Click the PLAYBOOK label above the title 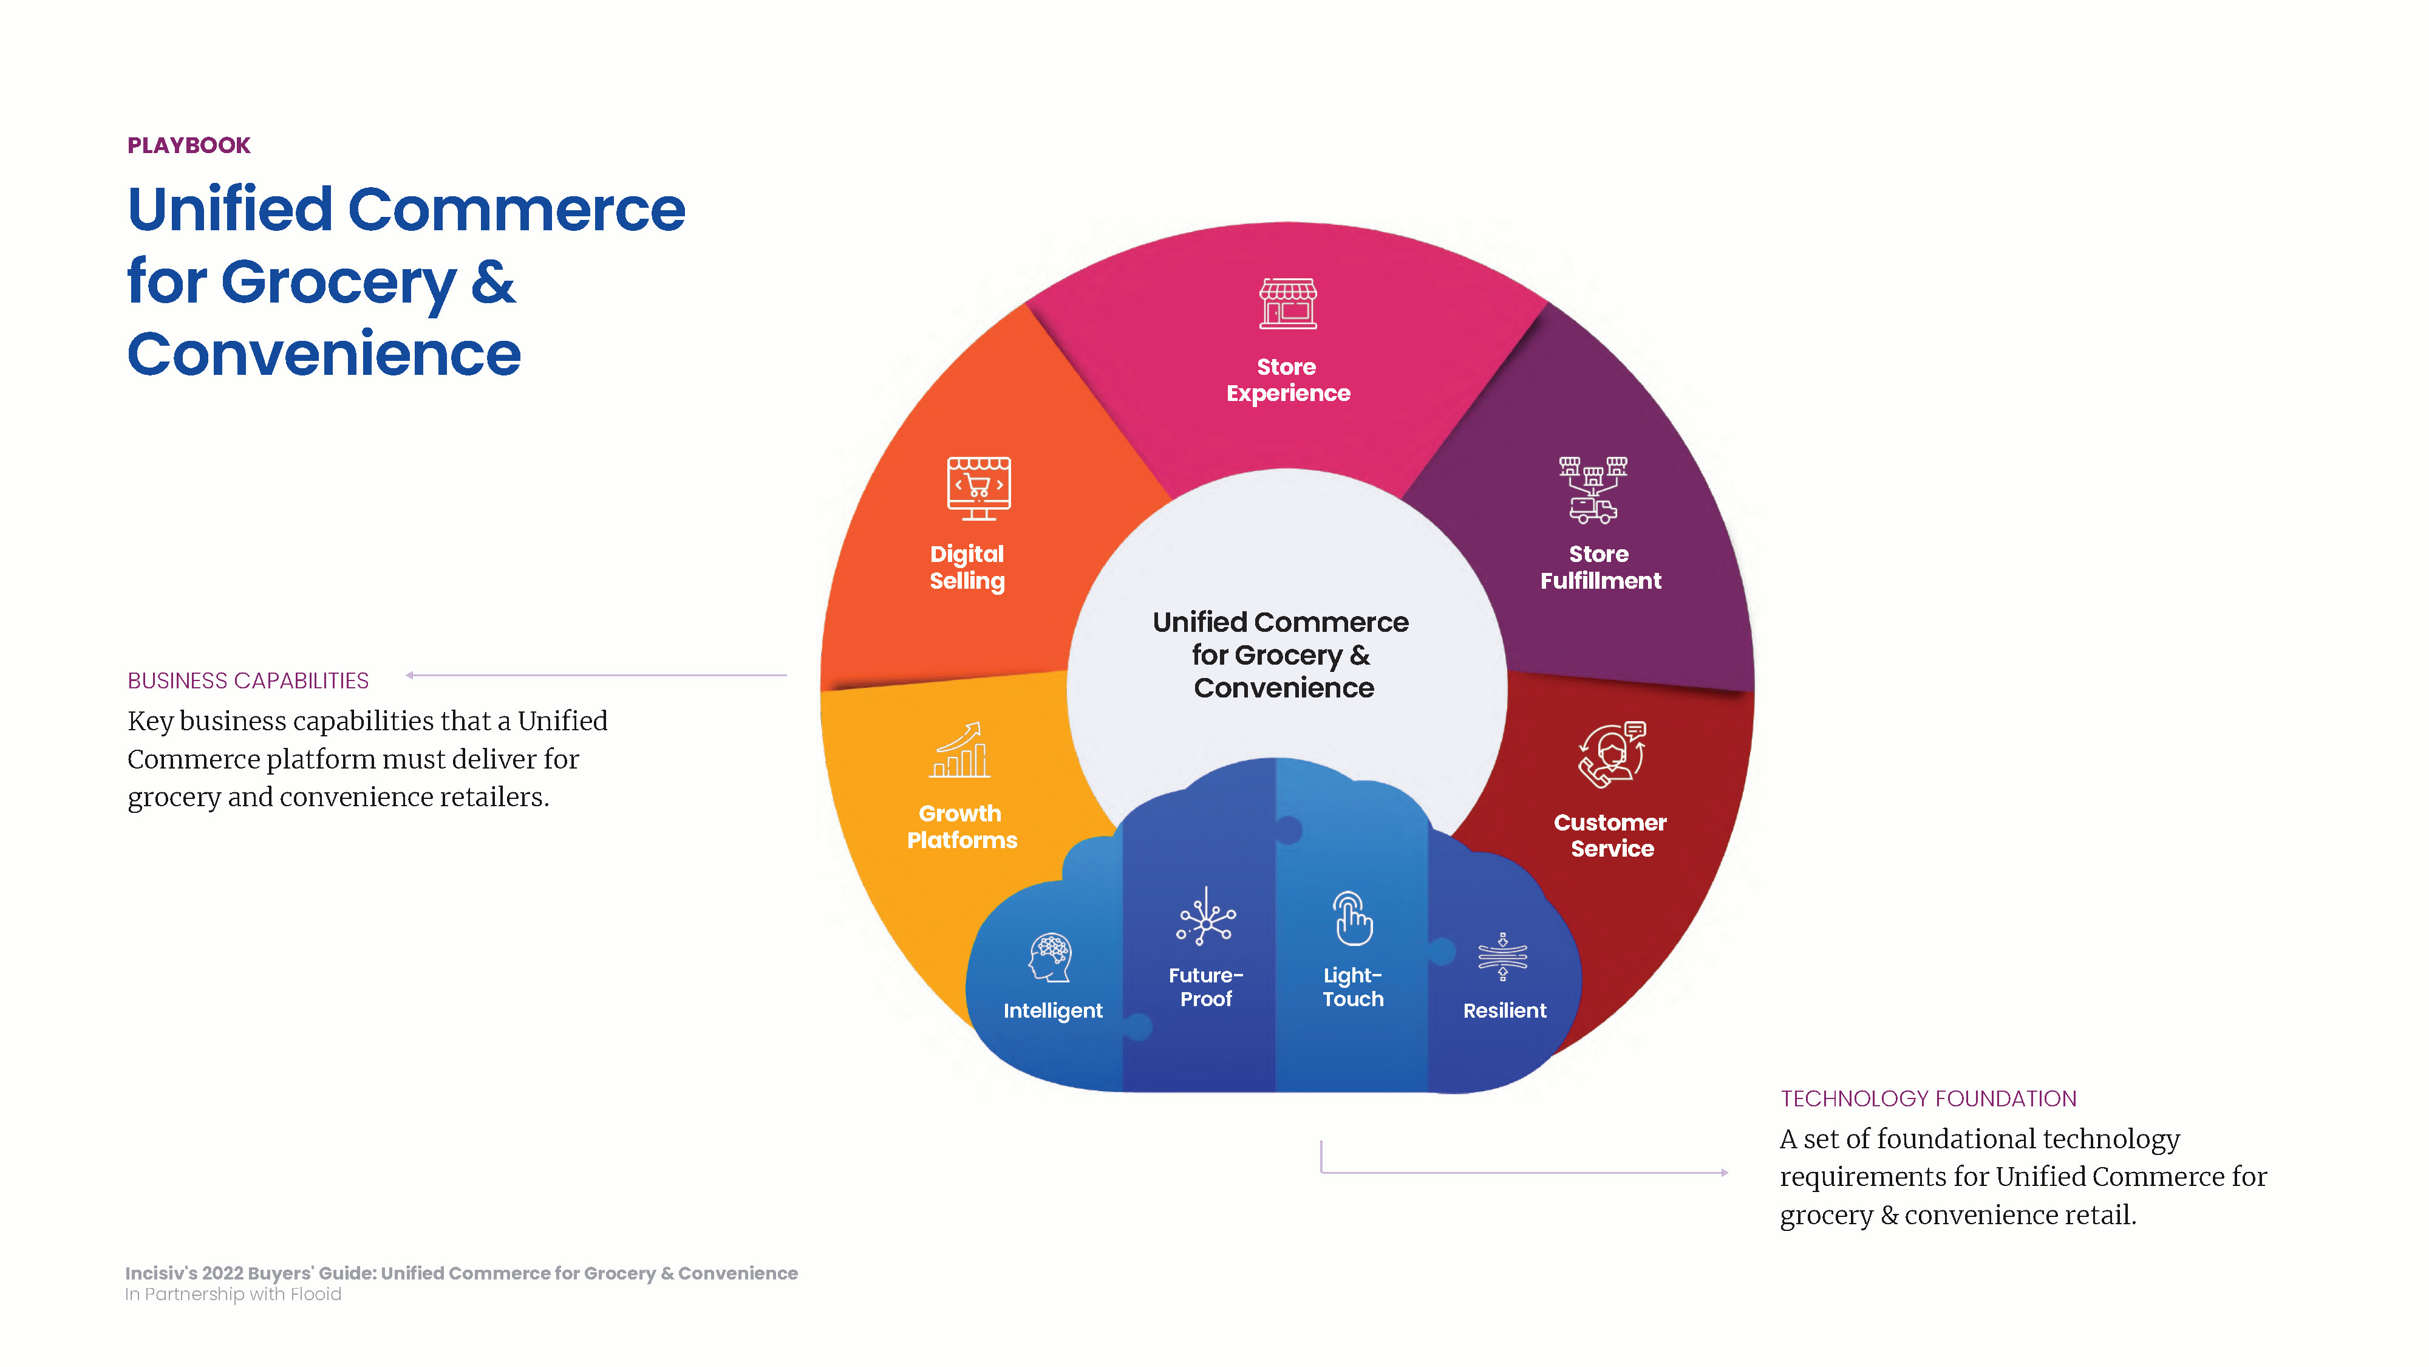pos(189,145)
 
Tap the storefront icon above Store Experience pos(1288,304)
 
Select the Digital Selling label pos(967,567)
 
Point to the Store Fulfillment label pos(1600,567)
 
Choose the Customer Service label pos(1610,835)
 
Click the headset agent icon pos(1612,754)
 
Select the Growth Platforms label pos(962,826)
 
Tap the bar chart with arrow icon pos(960,750)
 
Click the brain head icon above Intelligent pos(1051,958)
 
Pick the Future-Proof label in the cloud pos(1206,987)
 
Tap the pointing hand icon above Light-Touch pos(1352,918)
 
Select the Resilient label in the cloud pos(1505,1010)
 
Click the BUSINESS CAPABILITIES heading pos(248,680)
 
